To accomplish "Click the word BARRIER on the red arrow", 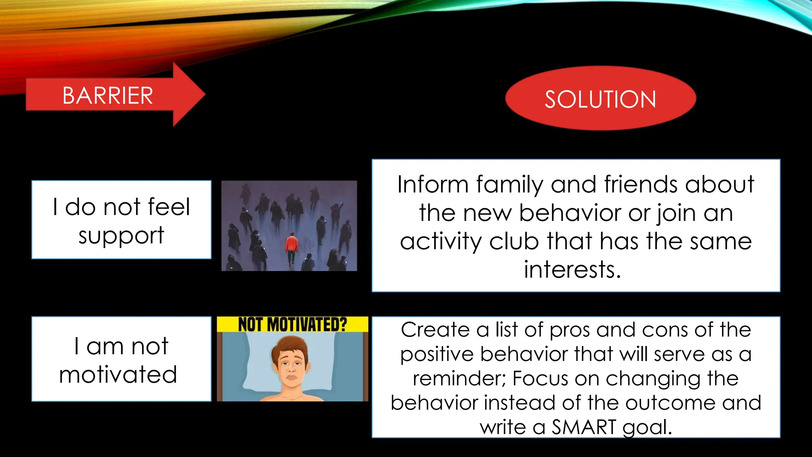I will (x=107, y=96).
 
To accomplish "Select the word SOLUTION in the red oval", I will (x=600, y=99).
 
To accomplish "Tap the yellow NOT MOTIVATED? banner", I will (x=292, y=324).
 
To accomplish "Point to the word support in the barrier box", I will (x=121, y=236).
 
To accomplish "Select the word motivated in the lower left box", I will (x=118, y=375).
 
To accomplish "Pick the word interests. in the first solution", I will (x=573, y=270).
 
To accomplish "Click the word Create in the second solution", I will (x=435, y=330).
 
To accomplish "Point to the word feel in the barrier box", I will (x=169, y=207).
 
